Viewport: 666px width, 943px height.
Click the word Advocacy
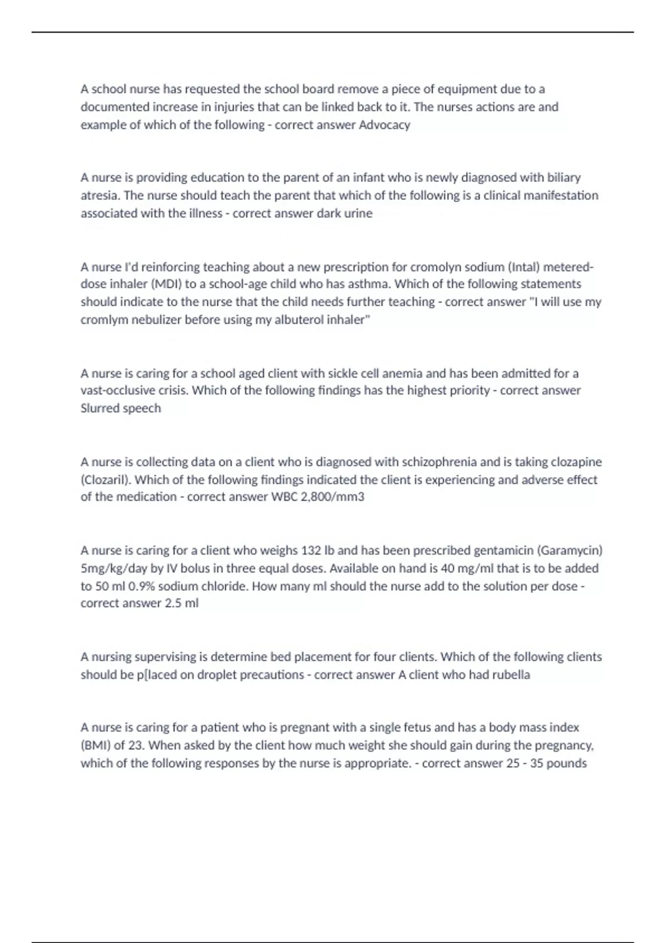click(x=384, y=125)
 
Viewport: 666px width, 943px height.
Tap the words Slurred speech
click(x=120, y=408)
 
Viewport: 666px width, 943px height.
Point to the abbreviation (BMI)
click(x=95, y=746)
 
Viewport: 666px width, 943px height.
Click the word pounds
click(x=569, y=763)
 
